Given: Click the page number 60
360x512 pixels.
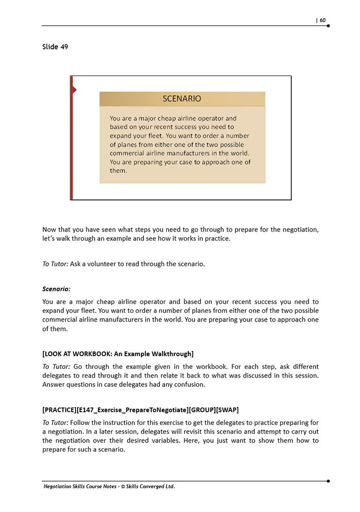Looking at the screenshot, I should pyautogui.click(x=322, y=21).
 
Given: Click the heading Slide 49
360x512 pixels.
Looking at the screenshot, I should pyautogui.click(x=55, y=47).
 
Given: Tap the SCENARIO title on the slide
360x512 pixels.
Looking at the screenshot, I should pyautogui.click(x=182, y=99).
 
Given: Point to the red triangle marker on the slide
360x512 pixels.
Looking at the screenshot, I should pyautogui.click(x=74, y=90).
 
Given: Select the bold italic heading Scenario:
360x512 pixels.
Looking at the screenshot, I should pyautogui.click(x=57, y=289).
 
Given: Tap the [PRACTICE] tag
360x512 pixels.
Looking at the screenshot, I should pyautogui.click(x=59, y=410).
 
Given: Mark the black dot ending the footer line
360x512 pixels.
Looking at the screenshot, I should pyautogui.click(x=328, y=481).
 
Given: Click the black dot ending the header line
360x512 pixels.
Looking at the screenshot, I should pyautogui.click(x=328, y=26).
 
